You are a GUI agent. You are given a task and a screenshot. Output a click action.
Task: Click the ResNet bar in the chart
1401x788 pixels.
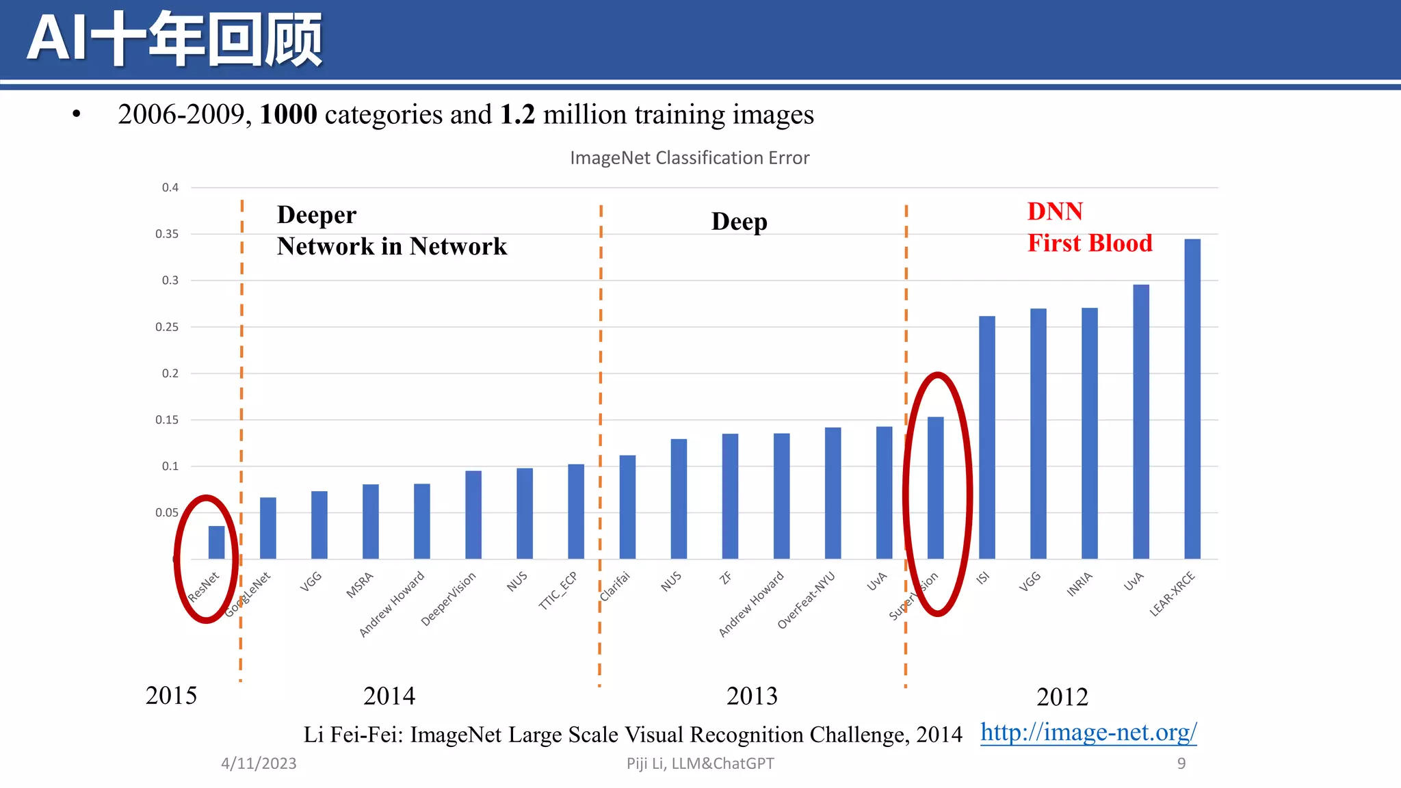(x=216, y=542)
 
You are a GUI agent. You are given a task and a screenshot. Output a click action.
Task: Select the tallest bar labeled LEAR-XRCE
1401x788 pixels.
(x=1192, y=399)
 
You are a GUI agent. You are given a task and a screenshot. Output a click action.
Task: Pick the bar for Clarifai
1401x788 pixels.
(x=627, y=507)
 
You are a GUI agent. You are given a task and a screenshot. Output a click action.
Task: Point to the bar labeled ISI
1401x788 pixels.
(x=986, y=438)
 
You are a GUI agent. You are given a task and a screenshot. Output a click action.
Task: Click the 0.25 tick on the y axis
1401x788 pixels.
(x=167, y=327)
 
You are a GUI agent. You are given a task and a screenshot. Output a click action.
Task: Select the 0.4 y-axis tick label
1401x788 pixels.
(x=170, y=187)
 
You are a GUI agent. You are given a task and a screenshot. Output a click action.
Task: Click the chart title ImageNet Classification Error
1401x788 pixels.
(x=689, y=158)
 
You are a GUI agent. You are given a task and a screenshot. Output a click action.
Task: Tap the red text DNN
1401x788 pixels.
(x=1054, y=211)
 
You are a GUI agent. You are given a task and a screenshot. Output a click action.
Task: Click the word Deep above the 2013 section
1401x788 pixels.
(x=739, y=222)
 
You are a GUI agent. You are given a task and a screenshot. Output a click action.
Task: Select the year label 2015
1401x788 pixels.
(x=171, y=696)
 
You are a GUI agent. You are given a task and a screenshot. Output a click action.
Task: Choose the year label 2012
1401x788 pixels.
(x=1062, y=697)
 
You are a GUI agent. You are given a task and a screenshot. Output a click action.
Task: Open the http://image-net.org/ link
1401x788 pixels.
(x=1088, y=733)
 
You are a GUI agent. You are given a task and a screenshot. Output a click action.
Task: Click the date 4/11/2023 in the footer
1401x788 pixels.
(x=259, y=763)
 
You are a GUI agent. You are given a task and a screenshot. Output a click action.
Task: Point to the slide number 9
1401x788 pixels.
(x=1181, y=763)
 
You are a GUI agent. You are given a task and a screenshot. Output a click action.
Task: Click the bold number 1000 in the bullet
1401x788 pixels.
(x=288, y=114)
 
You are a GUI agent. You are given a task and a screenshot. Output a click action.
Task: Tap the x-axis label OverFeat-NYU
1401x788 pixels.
(x=807, y=600)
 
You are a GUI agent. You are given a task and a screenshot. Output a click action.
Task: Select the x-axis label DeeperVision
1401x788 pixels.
(x=448, y=599)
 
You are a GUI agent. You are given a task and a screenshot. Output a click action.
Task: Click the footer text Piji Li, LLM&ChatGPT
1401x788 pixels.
(x=700, y=763)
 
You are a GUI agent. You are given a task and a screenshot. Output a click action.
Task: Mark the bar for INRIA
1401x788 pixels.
(x=1089, y=434)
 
